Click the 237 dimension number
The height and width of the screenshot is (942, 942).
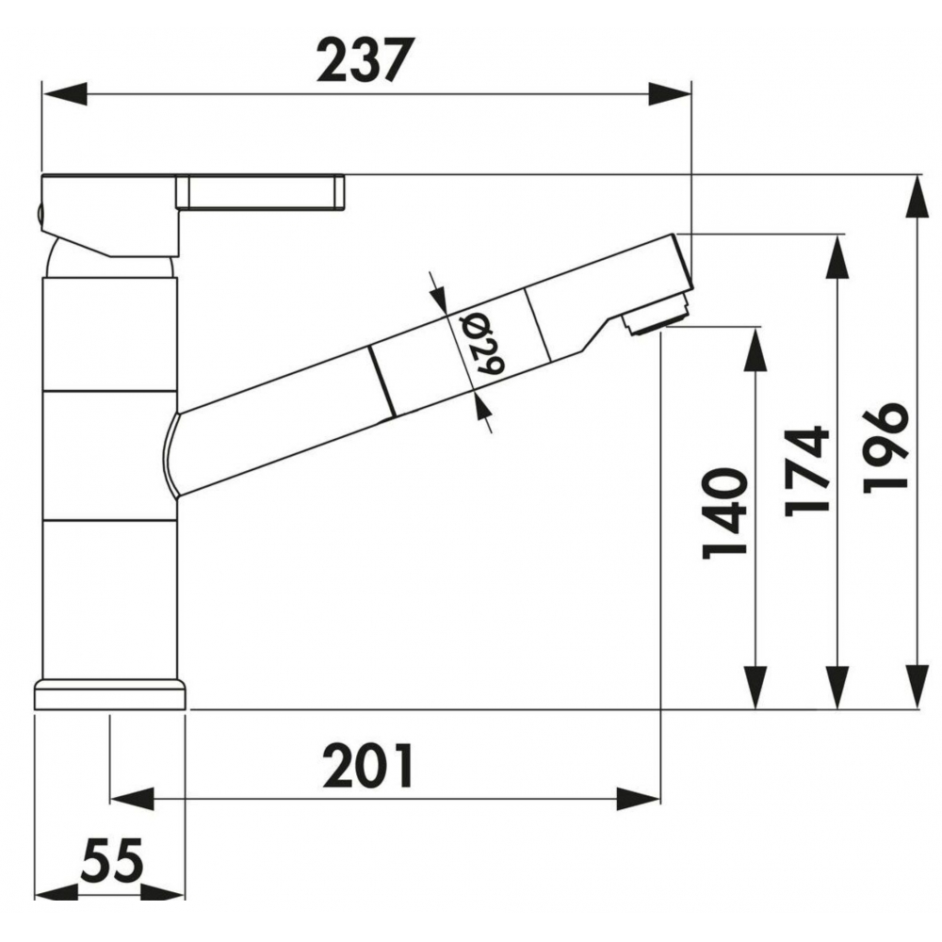[x=365, y=59]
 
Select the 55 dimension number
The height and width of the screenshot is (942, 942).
[x=112, y=860]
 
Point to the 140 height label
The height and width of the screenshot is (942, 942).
[x=725, y=513]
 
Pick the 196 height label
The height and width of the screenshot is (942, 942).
[x=885, y=447]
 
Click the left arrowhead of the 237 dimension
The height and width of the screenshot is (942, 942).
[x=65, y=94]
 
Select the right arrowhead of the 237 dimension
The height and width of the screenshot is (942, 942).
[x=669, y=94]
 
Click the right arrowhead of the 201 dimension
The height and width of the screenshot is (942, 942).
[x=638, y=800]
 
